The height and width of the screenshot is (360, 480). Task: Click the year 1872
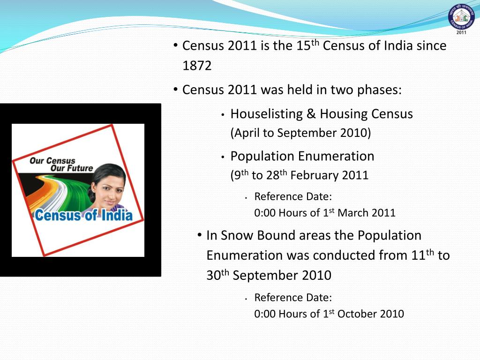(x=197, y=66)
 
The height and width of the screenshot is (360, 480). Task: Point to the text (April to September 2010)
(x=300, y=133)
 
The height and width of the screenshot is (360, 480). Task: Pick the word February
(x=315, y=176)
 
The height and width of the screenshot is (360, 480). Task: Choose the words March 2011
(x=367, y=213)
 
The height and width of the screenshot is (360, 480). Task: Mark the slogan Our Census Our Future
(x=61, y=165)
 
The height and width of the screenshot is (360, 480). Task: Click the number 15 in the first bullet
(x=303, y=46)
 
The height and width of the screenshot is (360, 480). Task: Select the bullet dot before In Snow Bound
(x=200, y=235)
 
